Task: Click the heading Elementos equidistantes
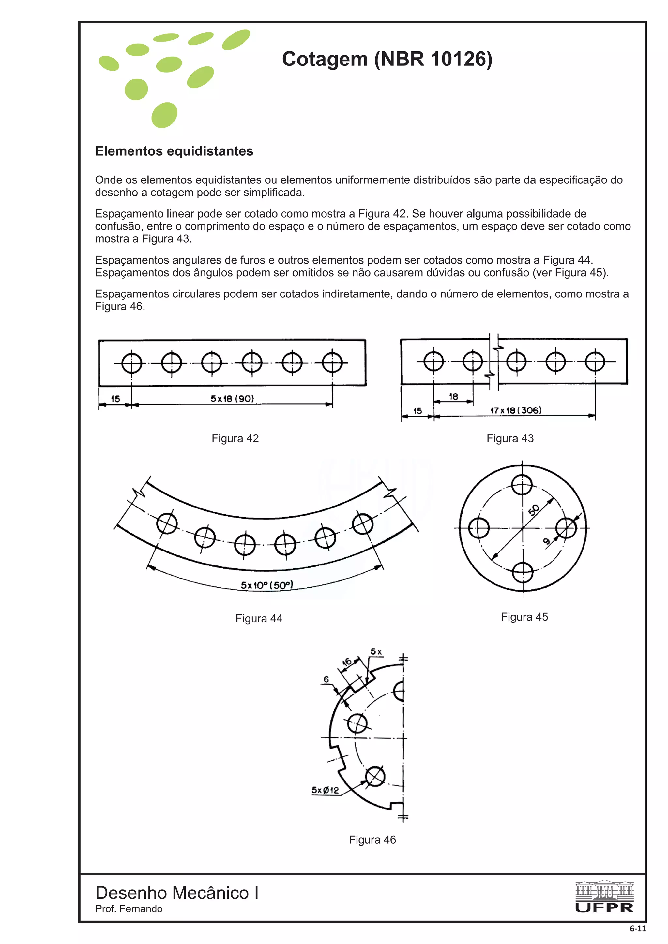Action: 174,151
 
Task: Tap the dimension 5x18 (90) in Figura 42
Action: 232,398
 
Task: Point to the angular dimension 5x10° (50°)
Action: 267,585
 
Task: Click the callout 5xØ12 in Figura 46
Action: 325,790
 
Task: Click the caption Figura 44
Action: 259,618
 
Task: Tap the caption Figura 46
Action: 372,839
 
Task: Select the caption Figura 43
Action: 510,438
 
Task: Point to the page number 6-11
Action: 638,928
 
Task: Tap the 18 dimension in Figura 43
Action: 453,396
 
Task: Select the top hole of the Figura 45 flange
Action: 522,484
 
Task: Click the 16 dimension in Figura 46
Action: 347,662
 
